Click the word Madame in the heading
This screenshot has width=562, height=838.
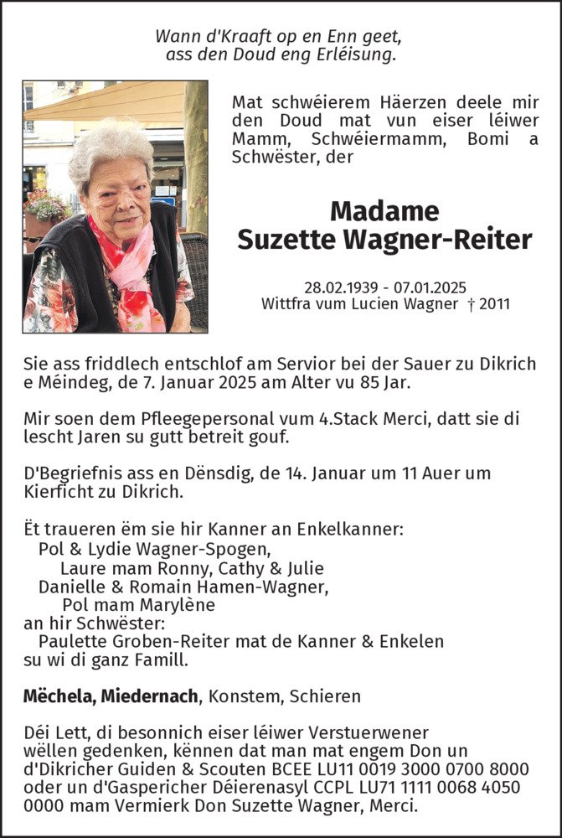384,210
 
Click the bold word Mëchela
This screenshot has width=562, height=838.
54,696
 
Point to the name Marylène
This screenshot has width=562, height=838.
177,605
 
